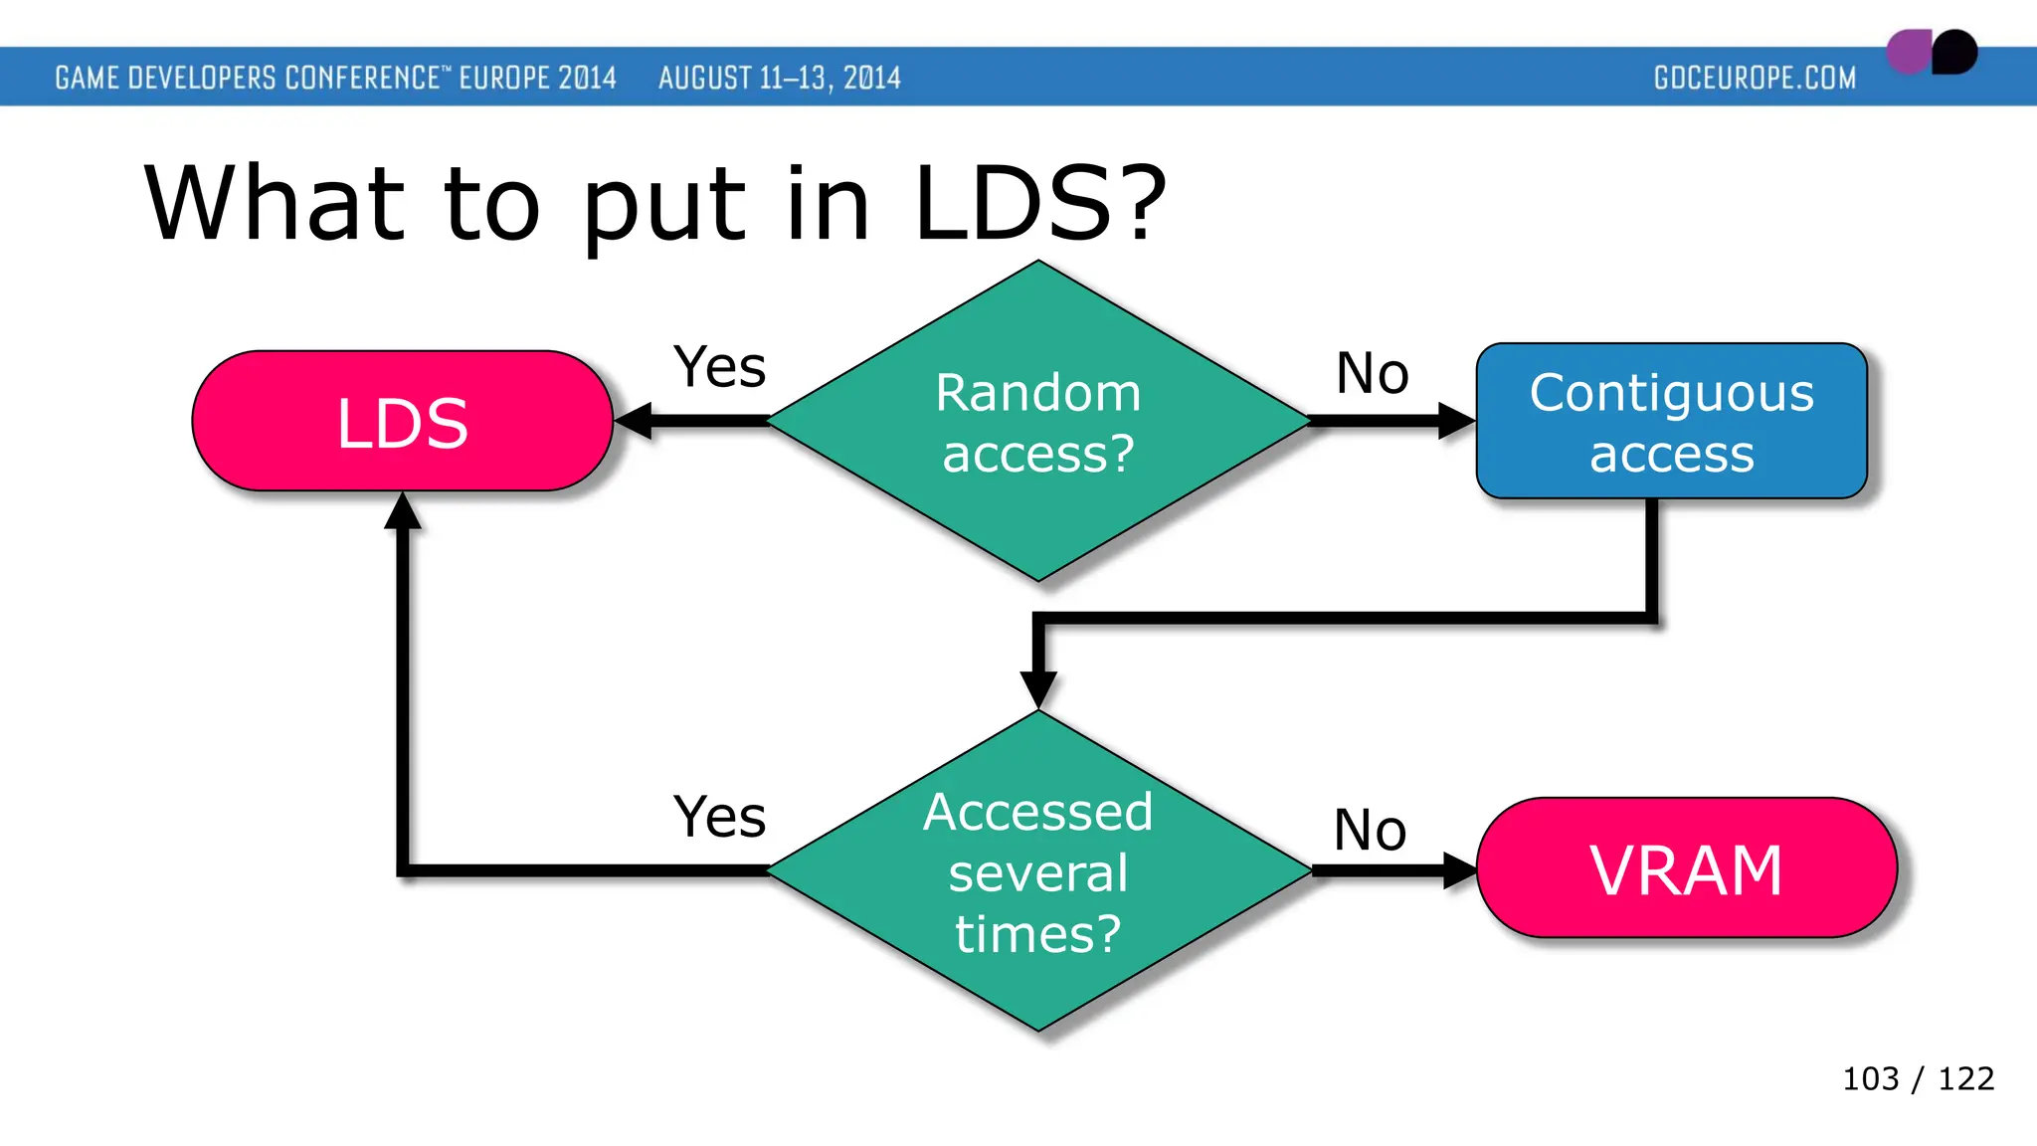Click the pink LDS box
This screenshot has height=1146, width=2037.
click(x=402, y=422)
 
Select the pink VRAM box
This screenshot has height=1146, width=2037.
click(x=1686, y=869)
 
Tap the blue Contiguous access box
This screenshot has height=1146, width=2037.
click(x=1671, y=422)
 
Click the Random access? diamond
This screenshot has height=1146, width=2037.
click(x=1038, y=422)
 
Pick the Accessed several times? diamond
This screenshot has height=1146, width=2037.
click(x=1038, y=871)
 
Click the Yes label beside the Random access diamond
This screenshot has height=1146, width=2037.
click(x=719, y=367)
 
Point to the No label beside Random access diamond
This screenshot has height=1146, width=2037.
click(x=1372, y=374)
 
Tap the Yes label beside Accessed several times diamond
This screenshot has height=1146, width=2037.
click(x=719, y=818)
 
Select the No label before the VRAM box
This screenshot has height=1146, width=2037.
click(x=1370, y=830)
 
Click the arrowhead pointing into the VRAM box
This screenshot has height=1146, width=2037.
click(x=1458, y=870)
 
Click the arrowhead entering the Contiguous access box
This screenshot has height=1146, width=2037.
click(x=1455, y=421)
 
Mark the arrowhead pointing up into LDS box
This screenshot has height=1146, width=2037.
click(x=403, y=511)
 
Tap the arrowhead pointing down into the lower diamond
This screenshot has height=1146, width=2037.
click(x=1038, y=688)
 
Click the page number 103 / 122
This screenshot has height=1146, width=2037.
click(x=1918, y=1078)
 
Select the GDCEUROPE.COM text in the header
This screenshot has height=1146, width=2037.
click(x=1755, y=78)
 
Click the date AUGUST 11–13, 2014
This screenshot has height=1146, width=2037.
click(x=779, y=78)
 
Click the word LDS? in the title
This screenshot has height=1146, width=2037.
click(x=1039, y=204)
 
